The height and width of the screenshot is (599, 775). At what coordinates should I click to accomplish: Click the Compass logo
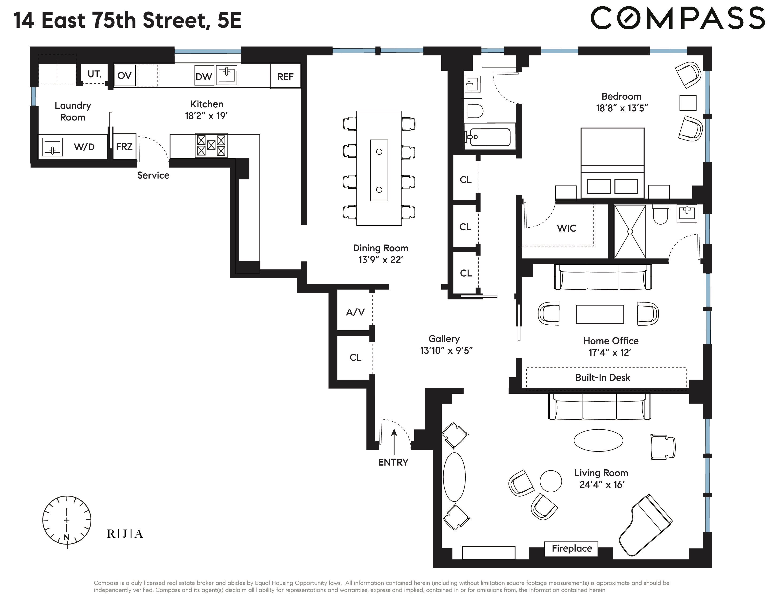click(677, 19)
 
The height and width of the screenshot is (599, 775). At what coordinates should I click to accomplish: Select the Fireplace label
click(571, 548)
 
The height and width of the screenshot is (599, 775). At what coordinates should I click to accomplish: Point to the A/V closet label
click(355, 312)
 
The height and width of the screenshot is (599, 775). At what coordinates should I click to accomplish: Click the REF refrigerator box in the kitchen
click(285, 76)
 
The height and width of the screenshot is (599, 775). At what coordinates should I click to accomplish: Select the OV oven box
click(124, 75)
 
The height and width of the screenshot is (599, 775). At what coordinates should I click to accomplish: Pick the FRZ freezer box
click(124, 146)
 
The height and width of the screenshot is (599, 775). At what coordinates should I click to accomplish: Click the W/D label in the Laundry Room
click(84, 147)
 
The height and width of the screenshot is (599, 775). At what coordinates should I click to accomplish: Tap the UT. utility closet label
click(94, 74)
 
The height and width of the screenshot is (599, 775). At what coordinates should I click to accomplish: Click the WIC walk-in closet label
click(566, 228)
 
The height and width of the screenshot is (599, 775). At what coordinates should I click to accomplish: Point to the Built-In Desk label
click(603, 377)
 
